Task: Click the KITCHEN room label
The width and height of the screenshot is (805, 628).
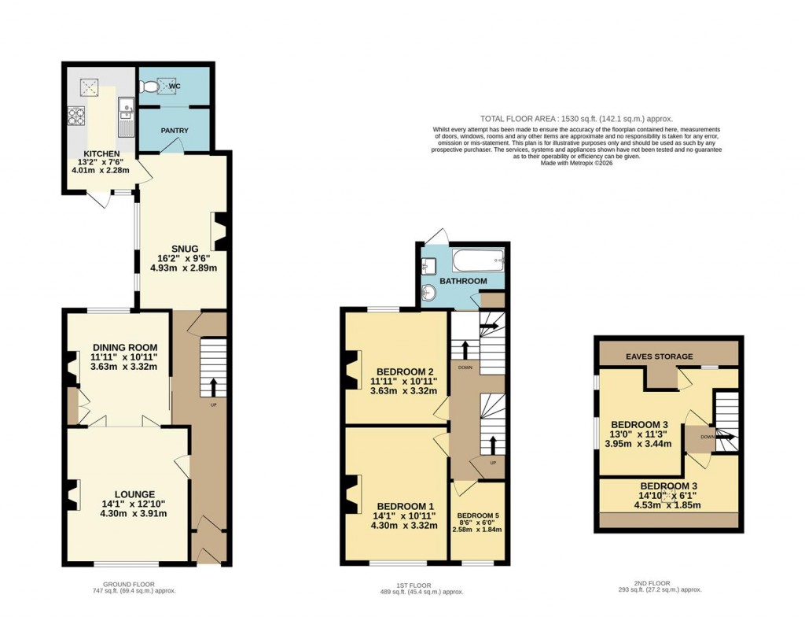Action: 102,153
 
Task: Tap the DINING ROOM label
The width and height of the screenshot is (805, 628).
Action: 125,347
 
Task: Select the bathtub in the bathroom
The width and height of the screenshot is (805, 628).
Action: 477,260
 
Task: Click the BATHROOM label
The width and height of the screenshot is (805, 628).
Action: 462,281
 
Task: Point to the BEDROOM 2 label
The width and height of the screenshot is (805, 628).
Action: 405,371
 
